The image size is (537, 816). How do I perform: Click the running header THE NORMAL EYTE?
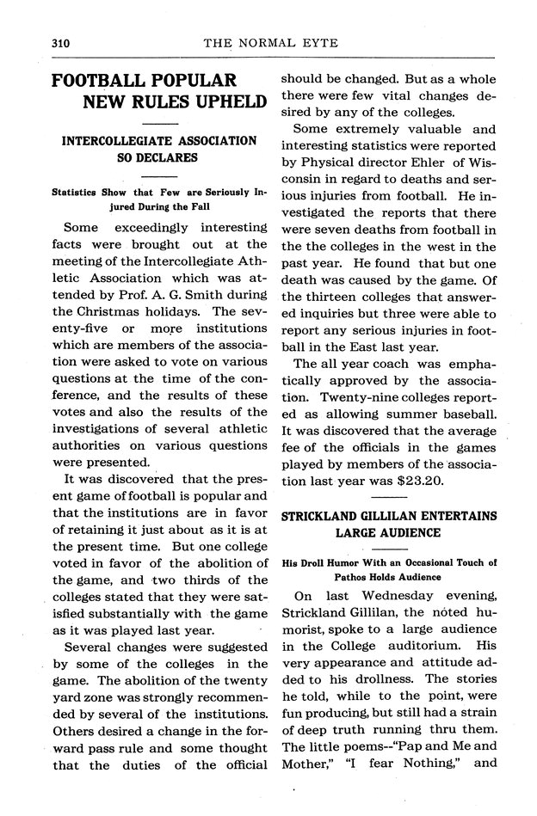[x=273, y=42]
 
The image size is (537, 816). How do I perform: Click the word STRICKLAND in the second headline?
[x=327, y=516]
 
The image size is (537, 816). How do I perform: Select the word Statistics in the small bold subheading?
[x=76, y=192]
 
